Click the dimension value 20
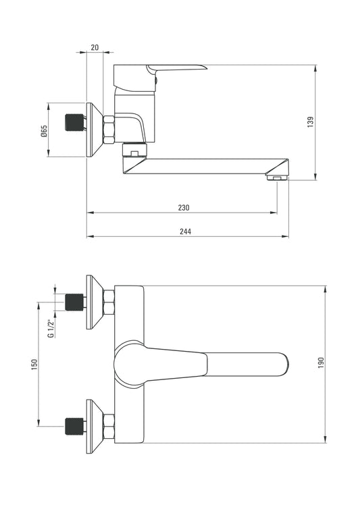[x=95, y=47]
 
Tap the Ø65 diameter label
[x=44, y=131]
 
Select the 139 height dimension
[x=311, y=122]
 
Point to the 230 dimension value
[x=184, y=207]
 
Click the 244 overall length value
[x=186, y=232]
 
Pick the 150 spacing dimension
[x=34, y=365]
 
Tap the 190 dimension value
[x=321, y=363]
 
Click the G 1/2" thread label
[x=51, y=329]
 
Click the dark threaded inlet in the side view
[x=74, y=122]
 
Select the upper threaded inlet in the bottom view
[x=74, y=302]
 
